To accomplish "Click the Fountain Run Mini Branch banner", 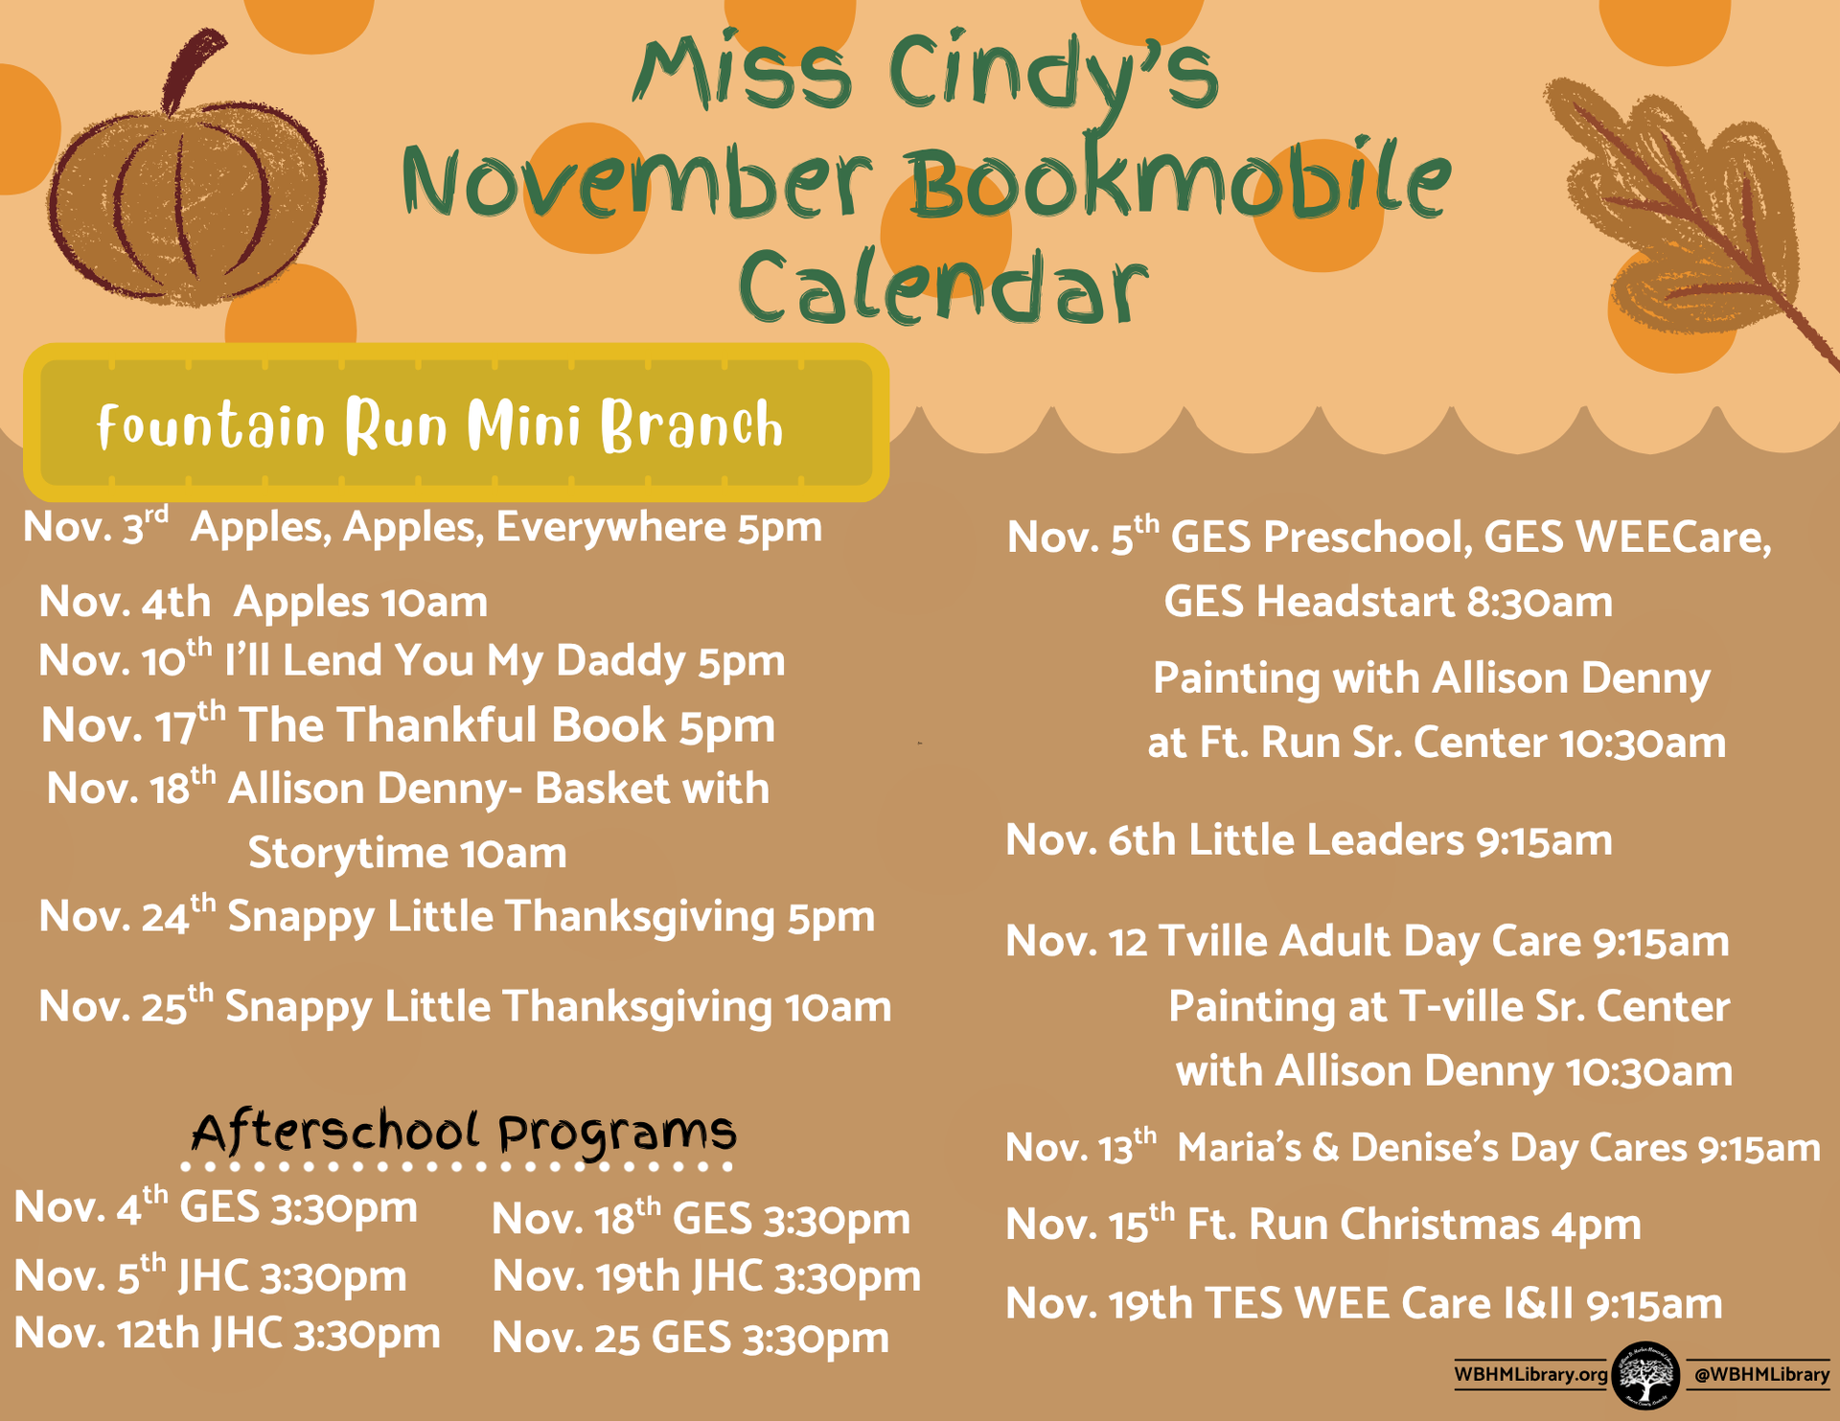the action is point(456,423).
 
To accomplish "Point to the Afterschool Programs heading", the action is point(464,1133).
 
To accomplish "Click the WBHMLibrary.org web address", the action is point(1530,1374).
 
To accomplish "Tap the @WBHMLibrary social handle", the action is point(1761,1374).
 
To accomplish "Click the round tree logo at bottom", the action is point(1645,1375).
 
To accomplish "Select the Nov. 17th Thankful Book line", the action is point(408,724).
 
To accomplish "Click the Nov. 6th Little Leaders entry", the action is point(1309,840).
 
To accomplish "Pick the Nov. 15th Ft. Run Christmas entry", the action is point(1323,1224).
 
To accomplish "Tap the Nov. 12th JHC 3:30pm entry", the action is point(227,1333).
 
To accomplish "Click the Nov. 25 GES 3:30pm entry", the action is point(691,1339).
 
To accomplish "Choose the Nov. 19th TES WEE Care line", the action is point(1364,1303).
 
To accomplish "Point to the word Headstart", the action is point(1356,603).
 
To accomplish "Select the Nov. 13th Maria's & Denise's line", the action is point(1413,1147).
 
